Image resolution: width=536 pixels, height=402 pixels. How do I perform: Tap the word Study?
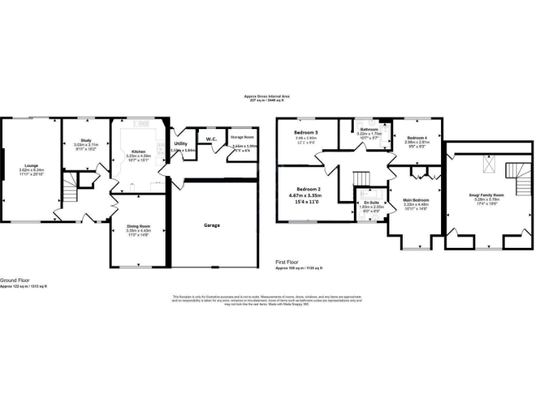pyautogui.click(x=87, y=140)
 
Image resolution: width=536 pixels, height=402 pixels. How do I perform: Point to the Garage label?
pyautogui.click(x=212, y=225)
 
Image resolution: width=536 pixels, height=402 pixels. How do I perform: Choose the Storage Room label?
pyautogui.click(x=242, y=137)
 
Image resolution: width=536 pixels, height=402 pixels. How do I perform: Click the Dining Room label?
pyautogui.click(x=137, y=226)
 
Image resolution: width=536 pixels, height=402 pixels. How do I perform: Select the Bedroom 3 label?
pyautogui.click(x=306, y=133)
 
